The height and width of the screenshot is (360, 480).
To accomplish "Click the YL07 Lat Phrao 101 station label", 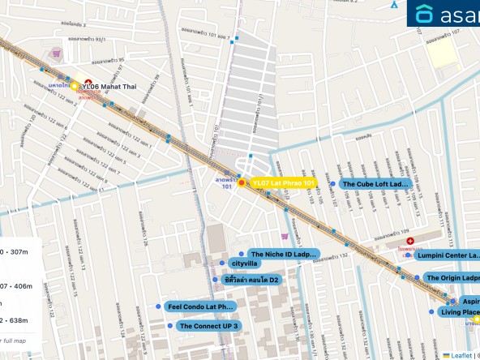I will click(282, 183).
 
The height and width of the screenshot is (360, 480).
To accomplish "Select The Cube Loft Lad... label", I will click(375, 184).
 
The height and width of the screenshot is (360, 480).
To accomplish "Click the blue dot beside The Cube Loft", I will click(332, 184).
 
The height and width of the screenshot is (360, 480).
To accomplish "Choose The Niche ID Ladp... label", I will click(282, 254).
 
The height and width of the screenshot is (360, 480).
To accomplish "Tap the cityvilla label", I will click(245, 264).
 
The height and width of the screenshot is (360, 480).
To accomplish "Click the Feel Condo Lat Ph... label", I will click(199, 307).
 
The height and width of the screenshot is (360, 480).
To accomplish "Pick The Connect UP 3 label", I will click(209, 326).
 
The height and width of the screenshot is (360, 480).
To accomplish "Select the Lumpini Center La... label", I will click(447, 255).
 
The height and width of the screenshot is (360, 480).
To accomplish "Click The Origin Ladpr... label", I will click(452, 278).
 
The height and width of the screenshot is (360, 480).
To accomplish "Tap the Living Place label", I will click(460, 311).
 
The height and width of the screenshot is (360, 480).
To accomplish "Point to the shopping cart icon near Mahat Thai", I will click(56, 54).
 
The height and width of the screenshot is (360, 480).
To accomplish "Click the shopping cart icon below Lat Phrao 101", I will click(284, 237).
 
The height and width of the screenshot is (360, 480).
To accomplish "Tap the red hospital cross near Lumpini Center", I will click(410, 242).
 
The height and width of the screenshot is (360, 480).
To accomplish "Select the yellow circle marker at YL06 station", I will click(75, 86).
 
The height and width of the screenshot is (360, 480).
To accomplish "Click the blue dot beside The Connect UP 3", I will click(169, 326).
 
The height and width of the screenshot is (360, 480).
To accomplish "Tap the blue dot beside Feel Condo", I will click(157, 307).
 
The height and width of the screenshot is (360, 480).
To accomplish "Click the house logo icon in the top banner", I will click(425, 14).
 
